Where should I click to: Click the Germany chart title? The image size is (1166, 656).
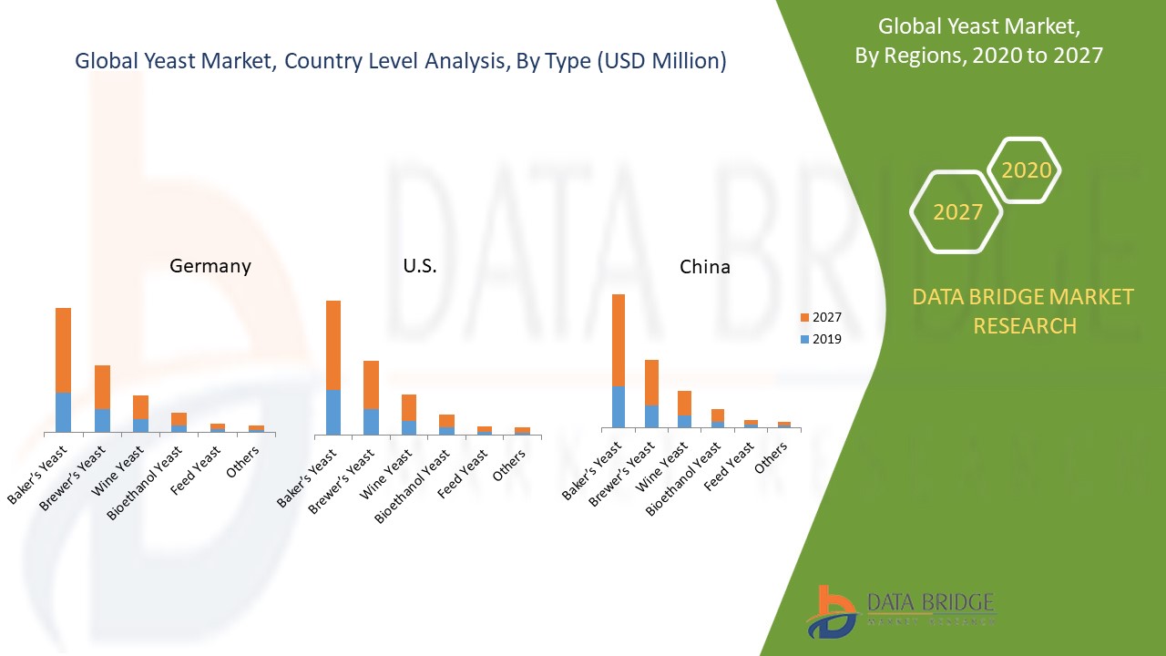coord(210,266)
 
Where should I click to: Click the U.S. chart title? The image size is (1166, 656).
coord(420,266)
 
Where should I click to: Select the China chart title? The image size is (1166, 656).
coord(705,267)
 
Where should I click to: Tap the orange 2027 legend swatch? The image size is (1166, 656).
coord(804,317)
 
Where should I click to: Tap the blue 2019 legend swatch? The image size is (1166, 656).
coord(804,339)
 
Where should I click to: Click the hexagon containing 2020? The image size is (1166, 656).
coord(1026,170)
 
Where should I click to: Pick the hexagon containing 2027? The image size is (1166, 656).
coord(957,212)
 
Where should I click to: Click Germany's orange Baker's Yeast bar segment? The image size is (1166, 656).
coord(63,350)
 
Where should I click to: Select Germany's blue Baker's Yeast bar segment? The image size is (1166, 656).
coord(63,412)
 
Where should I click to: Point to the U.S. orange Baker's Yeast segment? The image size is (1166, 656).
coord(333,344)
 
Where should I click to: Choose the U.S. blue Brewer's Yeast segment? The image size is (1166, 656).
coord(371,421)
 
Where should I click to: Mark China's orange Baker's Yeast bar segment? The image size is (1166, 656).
coord(619,340)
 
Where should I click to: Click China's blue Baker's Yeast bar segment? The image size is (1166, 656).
coord(619,406)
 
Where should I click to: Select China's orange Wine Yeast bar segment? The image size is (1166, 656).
coord(684,403)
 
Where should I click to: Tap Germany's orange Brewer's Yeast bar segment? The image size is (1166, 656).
coord(102,386)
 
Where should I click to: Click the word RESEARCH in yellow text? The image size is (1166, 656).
coord(1025,325)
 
